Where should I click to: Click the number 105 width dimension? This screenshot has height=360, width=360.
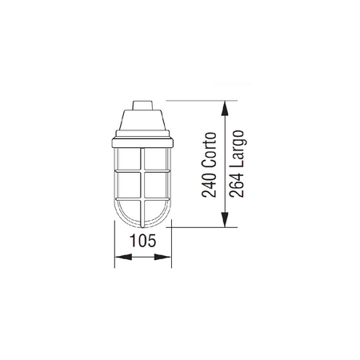pos(142,240)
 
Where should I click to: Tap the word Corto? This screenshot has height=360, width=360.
pos(209,150)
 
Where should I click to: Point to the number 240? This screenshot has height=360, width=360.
pos(209,185)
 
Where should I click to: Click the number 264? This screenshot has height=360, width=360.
pos(237,185)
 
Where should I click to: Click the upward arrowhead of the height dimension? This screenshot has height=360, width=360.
pos(225,108)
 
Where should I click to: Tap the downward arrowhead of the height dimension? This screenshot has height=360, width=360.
pos(225,220)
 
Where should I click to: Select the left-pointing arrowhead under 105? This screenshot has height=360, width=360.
pos(123,257)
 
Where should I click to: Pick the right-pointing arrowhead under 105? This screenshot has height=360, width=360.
pos(162,257)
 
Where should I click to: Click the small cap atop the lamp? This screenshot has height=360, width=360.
pos(142,105)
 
